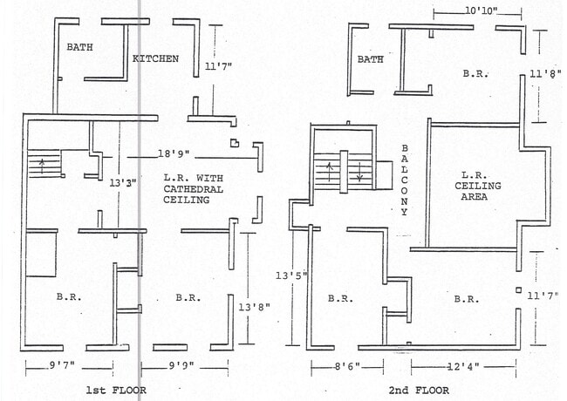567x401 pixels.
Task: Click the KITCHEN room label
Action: [155, 58]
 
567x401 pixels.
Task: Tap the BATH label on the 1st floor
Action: [79, 47]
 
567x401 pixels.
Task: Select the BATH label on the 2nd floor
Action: [370, 59]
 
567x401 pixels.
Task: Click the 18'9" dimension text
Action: [174, 154]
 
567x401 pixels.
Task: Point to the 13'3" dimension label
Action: [123, 183]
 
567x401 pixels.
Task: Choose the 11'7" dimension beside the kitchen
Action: [218, 66]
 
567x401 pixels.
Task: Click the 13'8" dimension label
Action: [254, 308]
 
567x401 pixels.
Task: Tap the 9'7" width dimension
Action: [62, 365]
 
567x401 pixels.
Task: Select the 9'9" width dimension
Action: [181, 365]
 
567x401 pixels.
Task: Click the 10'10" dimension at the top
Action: [481, 10]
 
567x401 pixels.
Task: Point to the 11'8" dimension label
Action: [546, 74]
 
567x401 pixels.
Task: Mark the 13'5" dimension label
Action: [291, 276]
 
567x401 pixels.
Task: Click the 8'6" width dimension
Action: [347, 367]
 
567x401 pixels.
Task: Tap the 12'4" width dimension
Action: [463, 367]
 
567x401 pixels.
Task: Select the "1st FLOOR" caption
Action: [116, 391]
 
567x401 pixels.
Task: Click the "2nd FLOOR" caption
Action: [419, 391]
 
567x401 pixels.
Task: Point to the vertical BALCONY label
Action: [404, 180]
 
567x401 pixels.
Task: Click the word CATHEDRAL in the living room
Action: [193, 189]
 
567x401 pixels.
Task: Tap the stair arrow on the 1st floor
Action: [43, 166]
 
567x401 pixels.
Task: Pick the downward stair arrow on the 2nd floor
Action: [359, 172]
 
